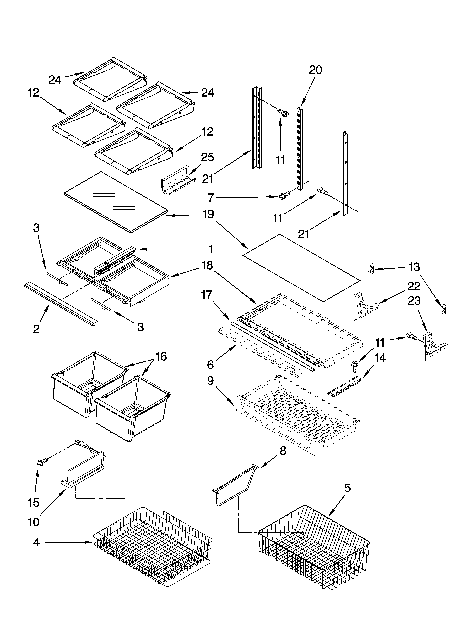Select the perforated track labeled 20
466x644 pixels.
[299, 148]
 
